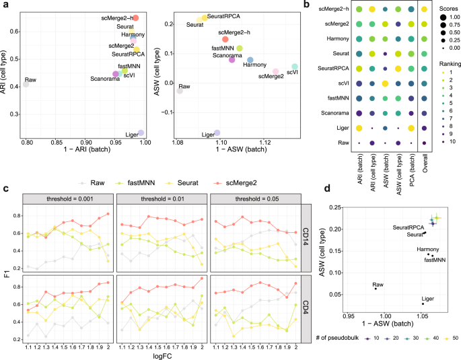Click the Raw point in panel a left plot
pos(26,85)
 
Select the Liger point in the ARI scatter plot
pos(141,133)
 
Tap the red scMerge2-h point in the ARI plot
pos(135,17)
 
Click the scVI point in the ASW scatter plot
pos(295,67)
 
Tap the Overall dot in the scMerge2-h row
pos(423,9)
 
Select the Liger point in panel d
pos(423,303)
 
